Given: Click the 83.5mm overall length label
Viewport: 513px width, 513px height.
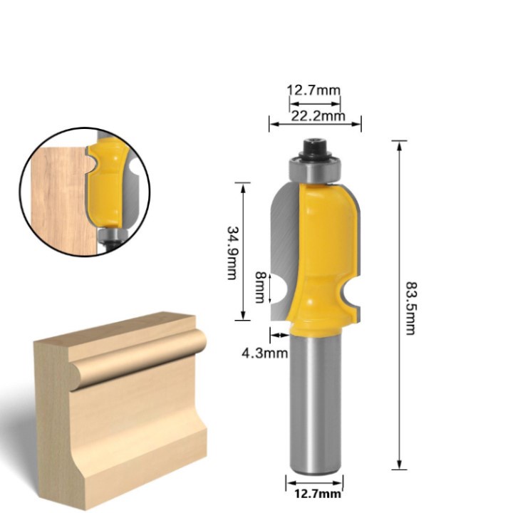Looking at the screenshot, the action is (x=410, y=309).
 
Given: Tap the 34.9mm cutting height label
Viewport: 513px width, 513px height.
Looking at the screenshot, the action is (x=232, y=253).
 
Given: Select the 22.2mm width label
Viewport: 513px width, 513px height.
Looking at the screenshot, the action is (x=318, y=116).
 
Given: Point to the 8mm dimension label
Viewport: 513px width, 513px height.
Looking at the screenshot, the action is (x=260, y=287).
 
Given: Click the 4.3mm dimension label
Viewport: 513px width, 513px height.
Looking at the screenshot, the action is (x=264, y=353).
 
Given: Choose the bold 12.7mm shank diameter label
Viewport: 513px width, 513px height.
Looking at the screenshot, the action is (x=318, y=494).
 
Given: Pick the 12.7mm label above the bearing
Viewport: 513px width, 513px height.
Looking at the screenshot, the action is (x=313, y=90).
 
